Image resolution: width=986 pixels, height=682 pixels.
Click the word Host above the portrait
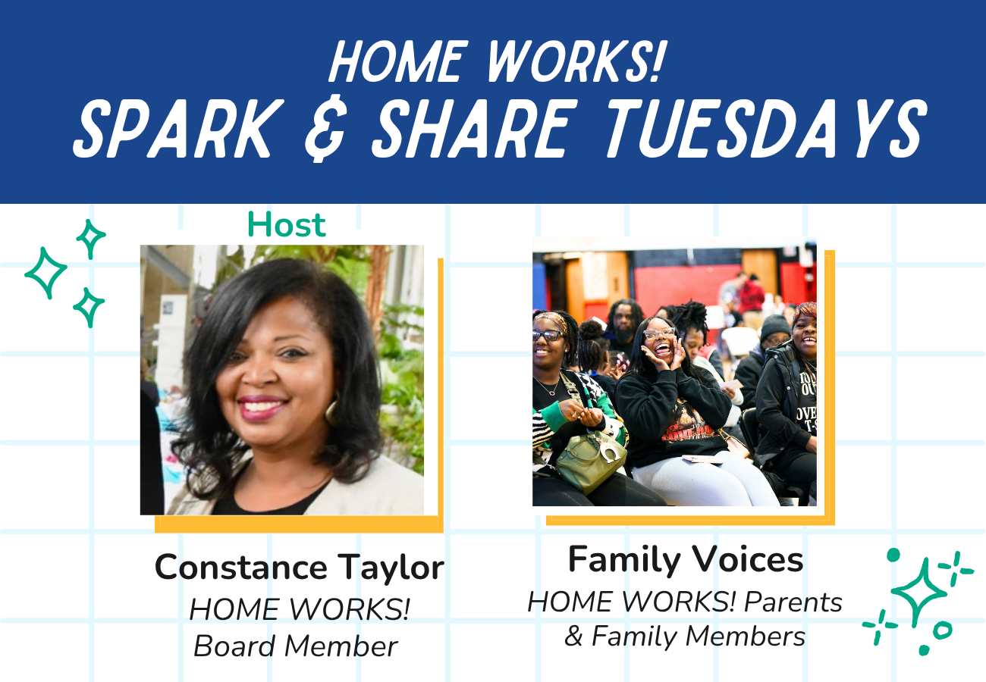click(287, 224)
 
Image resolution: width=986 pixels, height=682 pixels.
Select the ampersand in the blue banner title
click(325, 128)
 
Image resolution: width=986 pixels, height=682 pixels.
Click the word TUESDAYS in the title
click(766, 128)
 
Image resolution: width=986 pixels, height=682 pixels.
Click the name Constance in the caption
click(241, 568)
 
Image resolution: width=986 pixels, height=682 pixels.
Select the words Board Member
click(296, 646)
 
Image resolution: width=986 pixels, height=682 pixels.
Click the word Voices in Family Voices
click(749, 559)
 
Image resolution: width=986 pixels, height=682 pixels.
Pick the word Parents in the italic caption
click(793, 602)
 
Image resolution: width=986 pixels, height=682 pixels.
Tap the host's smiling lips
click(262, 408)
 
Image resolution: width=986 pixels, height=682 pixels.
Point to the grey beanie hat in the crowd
click(775, 327)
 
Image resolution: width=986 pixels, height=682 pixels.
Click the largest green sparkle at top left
click(46, 273)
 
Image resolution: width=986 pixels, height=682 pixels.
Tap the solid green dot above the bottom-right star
click(893, 555)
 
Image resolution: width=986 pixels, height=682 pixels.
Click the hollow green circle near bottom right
click(943, 630)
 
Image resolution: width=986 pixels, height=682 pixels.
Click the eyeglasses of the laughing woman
click(658, 333)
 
